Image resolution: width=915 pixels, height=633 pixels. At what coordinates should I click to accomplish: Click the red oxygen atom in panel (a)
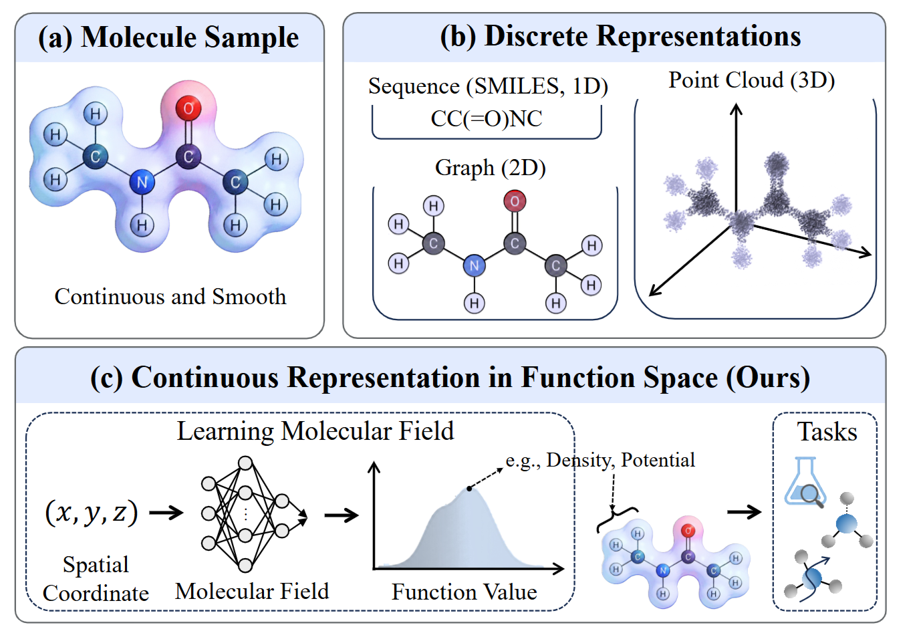(x=188, y=108)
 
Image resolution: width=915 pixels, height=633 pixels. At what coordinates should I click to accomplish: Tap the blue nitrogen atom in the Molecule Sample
(x=142, y=182)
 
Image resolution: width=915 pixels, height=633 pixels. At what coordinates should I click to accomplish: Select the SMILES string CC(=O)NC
(x=487, y=119)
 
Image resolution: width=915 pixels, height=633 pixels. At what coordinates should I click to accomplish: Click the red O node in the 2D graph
(x=515, y=201)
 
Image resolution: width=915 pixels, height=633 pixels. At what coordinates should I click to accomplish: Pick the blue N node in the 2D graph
(x=474, y=266)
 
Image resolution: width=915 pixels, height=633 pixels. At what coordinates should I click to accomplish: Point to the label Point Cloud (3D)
(x=751, y=80)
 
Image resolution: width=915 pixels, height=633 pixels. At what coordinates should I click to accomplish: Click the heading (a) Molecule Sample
(x=168, y=37)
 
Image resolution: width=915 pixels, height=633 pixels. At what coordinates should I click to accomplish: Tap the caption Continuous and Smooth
(x=170, y=296)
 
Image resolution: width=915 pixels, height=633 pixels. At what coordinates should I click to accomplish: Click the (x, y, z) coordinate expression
(x=91, y=513)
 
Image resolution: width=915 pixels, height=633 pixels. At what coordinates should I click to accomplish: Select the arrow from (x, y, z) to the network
(x=166, y=513)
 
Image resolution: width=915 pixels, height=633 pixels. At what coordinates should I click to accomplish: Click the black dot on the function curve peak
(x=469, y=489)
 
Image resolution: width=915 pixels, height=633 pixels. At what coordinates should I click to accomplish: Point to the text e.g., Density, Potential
(x=600, y=460)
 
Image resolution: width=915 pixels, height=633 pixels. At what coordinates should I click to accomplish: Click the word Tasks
(x=827, y=432)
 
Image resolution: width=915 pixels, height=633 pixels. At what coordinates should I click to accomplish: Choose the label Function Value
(x=464, y=592)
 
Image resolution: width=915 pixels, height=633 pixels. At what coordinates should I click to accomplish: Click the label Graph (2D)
(x=490, y=167)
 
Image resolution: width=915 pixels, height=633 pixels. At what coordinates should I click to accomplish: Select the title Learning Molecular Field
(x=315, y=431)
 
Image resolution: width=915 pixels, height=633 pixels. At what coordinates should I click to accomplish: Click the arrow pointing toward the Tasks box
(x=744, y=512)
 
